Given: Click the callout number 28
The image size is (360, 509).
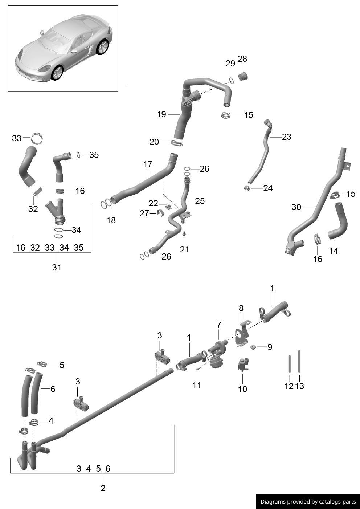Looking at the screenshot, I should click(242, 59).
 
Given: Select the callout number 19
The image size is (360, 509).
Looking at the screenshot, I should click(161, 114).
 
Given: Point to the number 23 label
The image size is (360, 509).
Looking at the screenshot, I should click(286, 137).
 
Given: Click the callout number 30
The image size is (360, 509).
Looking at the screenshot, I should click(296, 207).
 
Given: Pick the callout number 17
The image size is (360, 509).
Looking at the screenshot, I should click(148, 164).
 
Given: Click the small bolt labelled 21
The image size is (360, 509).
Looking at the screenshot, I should click(184, 234).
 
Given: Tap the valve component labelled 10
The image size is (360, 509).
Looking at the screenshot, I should click(242, 365).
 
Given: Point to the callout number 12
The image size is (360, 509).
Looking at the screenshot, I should click(289, 386).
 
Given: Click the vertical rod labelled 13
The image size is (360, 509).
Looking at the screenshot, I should click(299, 361).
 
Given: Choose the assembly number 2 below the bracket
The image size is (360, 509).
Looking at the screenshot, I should click(103, 488).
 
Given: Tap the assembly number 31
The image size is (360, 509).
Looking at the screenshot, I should click(57, 268).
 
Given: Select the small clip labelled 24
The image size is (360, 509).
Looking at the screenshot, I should click(247, 188).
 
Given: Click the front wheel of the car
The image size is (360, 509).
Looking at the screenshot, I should click(57, 73).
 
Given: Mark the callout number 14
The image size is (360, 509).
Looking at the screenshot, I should click(333, 251).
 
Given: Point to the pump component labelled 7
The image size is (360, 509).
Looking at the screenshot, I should click(217, 354).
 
